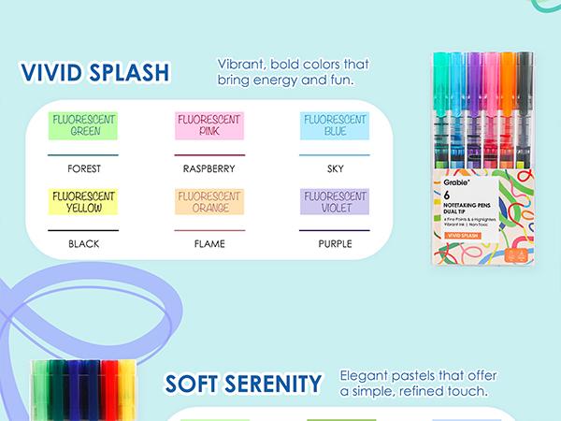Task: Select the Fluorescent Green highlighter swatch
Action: [x=84, y=125]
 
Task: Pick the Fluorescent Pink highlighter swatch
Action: [x=209, y=125]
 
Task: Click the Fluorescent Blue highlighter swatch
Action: [x=334, y=125]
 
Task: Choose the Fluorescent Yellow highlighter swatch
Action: [x=84, y=202]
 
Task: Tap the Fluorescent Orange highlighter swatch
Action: [x=209, y=202]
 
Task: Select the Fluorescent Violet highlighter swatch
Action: [x=334, y=202]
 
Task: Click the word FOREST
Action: [x=84, y=169]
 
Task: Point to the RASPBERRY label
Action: [x=209, y=169]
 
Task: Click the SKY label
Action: [x=334, y=169]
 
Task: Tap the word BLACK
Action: [x=84, y=244]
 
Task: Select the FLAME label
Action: [x=209, y=244]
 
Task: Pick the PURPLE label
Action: [x=334, y=244]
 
